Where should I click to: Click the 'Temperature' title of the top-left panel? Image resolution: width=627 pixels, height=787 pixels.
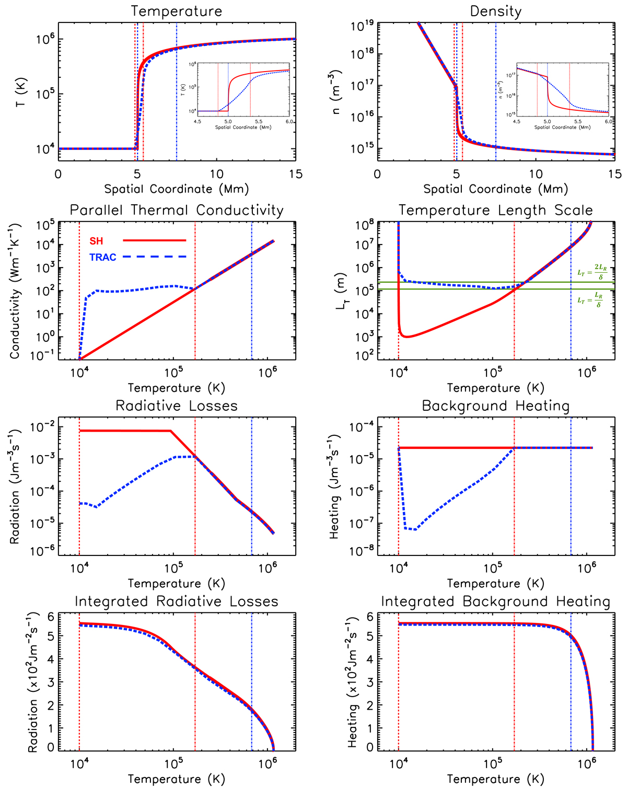coord(177,11)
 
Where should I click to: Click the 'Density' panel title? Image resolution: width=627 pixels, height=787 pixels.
coord(496,11)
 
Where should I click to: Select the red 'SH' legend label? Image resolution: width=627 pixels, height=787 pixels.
coord(96,241)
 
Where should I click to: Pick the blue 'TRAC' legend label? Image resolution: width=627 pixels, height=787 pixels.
coord(103,257)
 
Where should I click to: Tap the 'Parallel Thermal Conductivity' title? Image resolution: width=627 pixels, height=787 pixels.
coord(177,210)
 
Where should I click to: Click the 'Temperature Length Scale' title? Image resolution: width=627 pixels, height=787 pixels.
coord(496,210)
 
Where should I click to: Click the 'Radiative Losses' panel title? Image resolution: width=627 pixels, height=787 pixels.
coord(177,406)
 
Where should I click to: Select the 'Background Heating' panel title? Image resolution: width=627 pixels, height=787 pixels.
coord(496,406)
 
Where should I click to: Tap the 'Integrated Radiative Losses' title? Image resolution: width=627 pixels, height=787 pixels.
coord(177,601)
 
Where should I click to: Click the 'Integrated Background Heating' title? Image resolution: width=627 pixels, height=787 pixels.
coord(496,601)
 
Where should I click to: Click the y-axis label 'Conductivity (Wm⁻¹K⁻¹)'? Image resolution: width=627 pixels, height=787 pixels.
coord(15,291)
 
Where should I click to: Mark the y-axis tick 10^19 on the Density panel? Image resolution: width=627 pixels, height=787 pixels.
coord(359,24)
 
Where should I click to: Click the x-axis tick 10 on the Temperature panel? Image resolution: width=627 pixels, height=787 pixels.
coord(216,174)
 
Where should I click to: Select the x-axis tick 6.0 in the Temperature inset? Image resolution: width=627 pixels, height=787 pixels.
coord(289,122)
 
